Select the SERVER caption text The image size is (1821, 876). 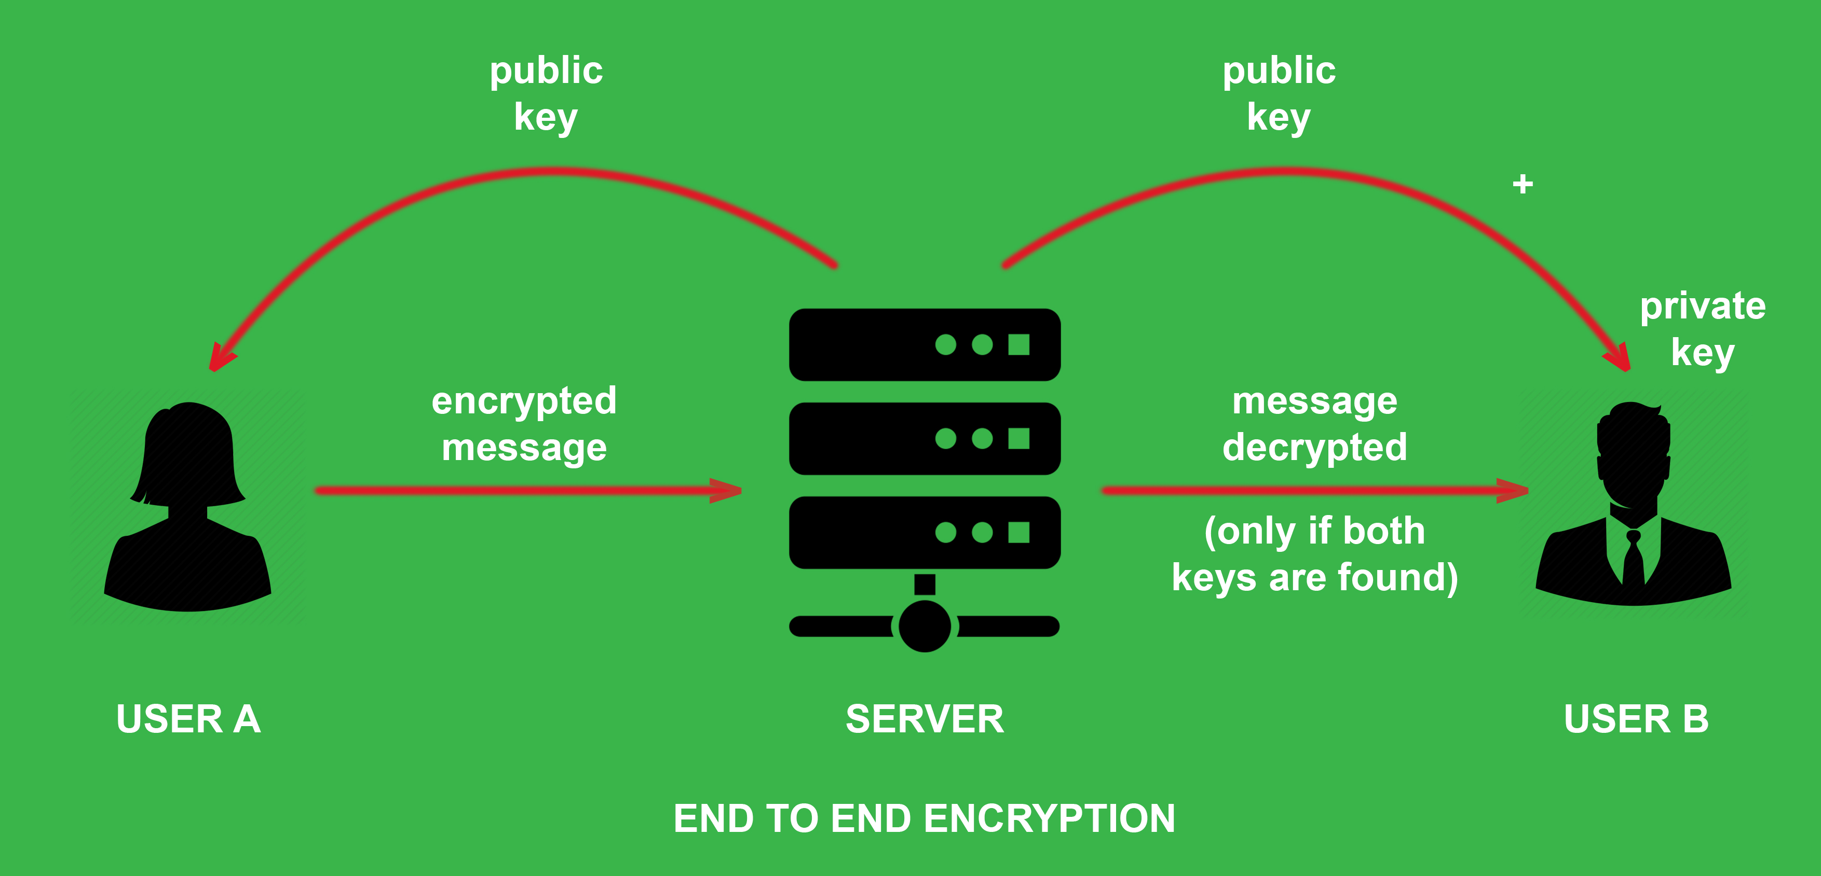[x=925, y=719]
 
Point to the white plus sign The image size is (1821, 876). [x=1523, y=185]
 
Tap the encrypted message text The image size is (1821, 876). [x=524, y=424]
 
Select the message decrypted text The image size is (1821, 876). [x=1315, y=424]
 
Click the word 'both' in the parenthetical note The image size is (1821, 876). [x=1383, y=531]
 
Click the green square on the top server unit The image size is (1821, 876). [x=1018, y=345]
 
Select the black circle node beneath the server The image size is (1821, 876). [x=925, y=627]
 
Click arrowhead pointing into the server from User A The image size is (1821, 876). [x=728, y=490]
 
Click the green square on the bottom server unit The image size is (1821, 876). [x=1018, y=533]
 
